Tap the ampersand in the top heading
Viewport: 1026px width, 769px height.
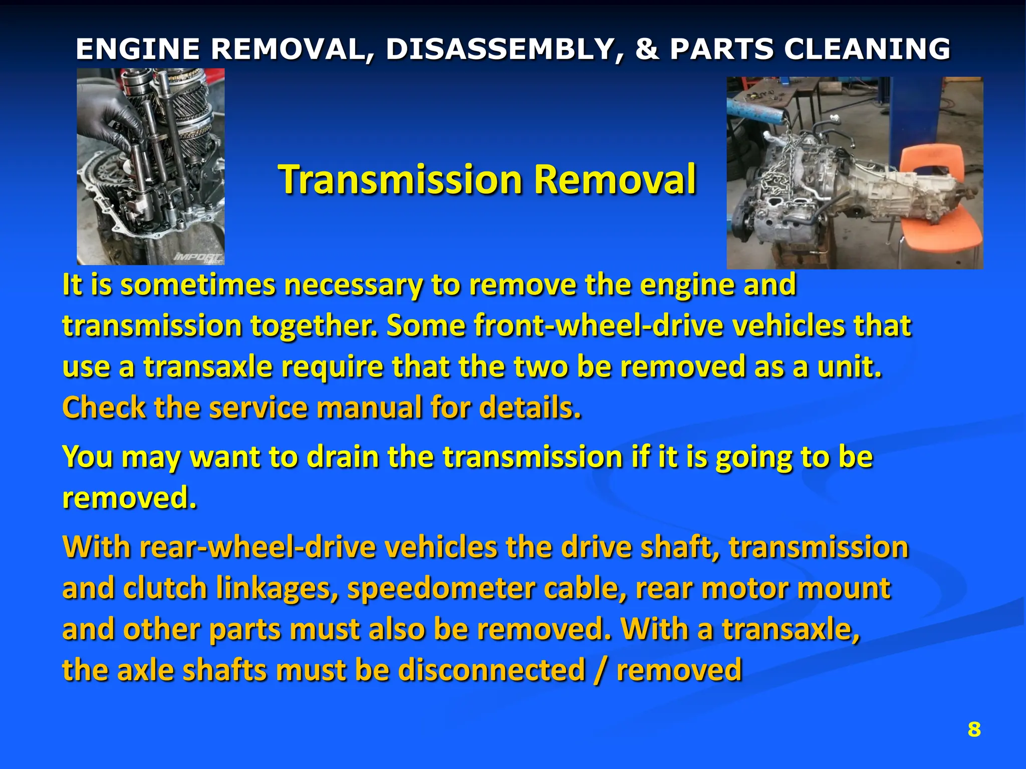click(647, 49)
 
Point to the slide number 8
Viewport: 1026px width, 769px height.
click(974, 729)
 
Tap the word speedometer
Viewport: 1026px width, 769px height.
click(441, 588)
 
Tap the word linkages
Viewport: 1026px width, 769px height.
click(277, 588)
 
